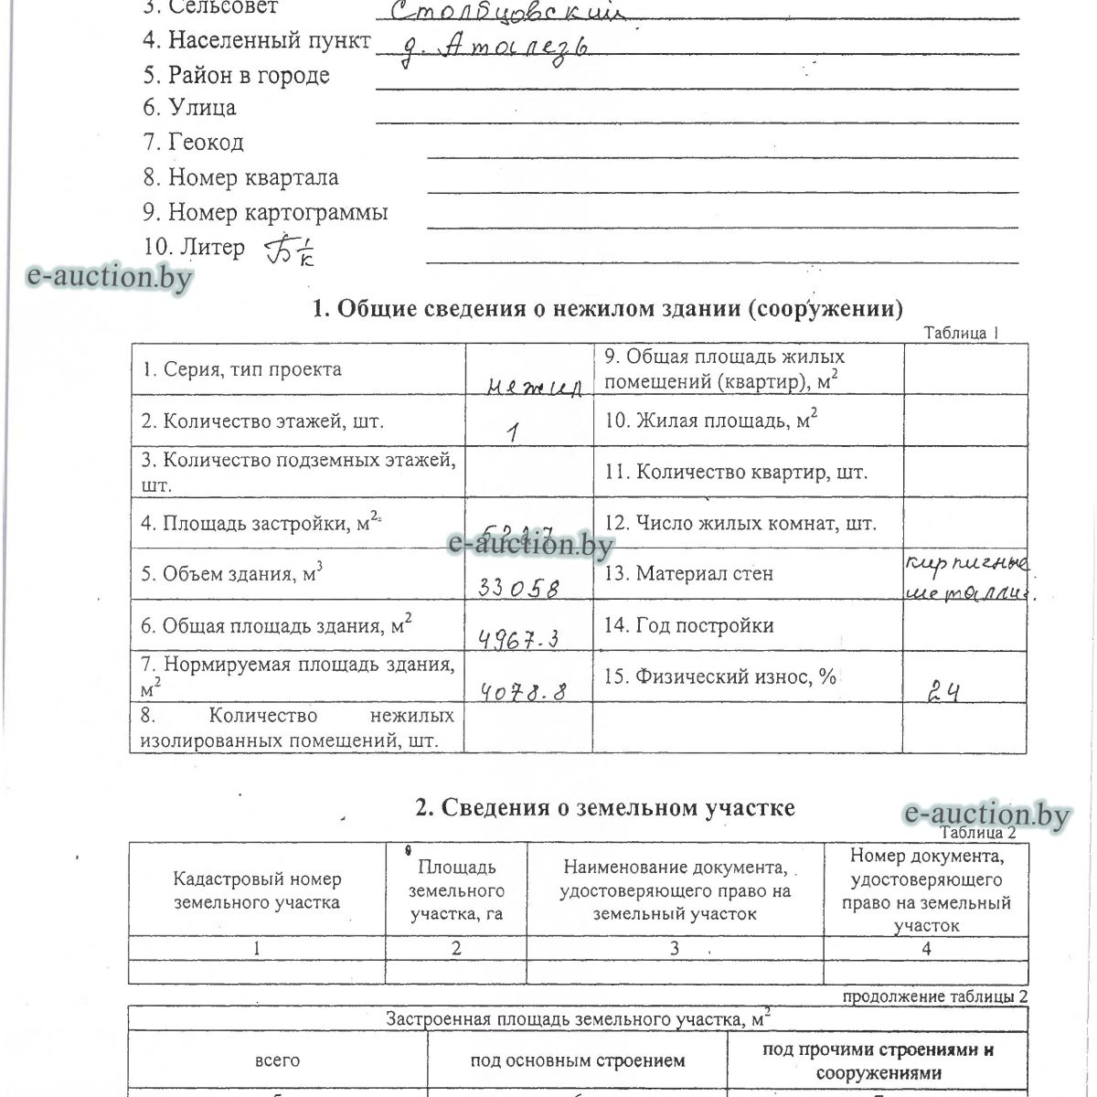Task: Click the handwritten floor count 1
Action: point(514,432)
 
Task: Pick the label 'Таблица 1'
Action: point(961,333)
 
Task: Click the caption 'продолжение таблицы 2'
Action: point(934,996)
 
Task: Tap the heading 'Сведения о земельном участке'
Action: point(604,807)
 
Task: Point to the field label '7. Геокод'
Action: point(193,142)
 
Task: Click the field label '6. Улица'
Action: point(189,107)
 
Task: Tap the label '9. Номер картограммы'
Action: point(265,212)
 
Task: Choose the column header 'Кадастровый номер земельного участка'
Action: point(257,890)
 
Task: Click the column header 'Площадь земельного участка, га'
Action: point(456,890)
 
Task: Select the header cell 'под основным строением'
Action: point(577,1060)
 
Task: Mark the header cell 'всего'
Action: point(277,1060)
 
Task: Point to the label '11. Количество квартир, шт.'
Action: point(736,472)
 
